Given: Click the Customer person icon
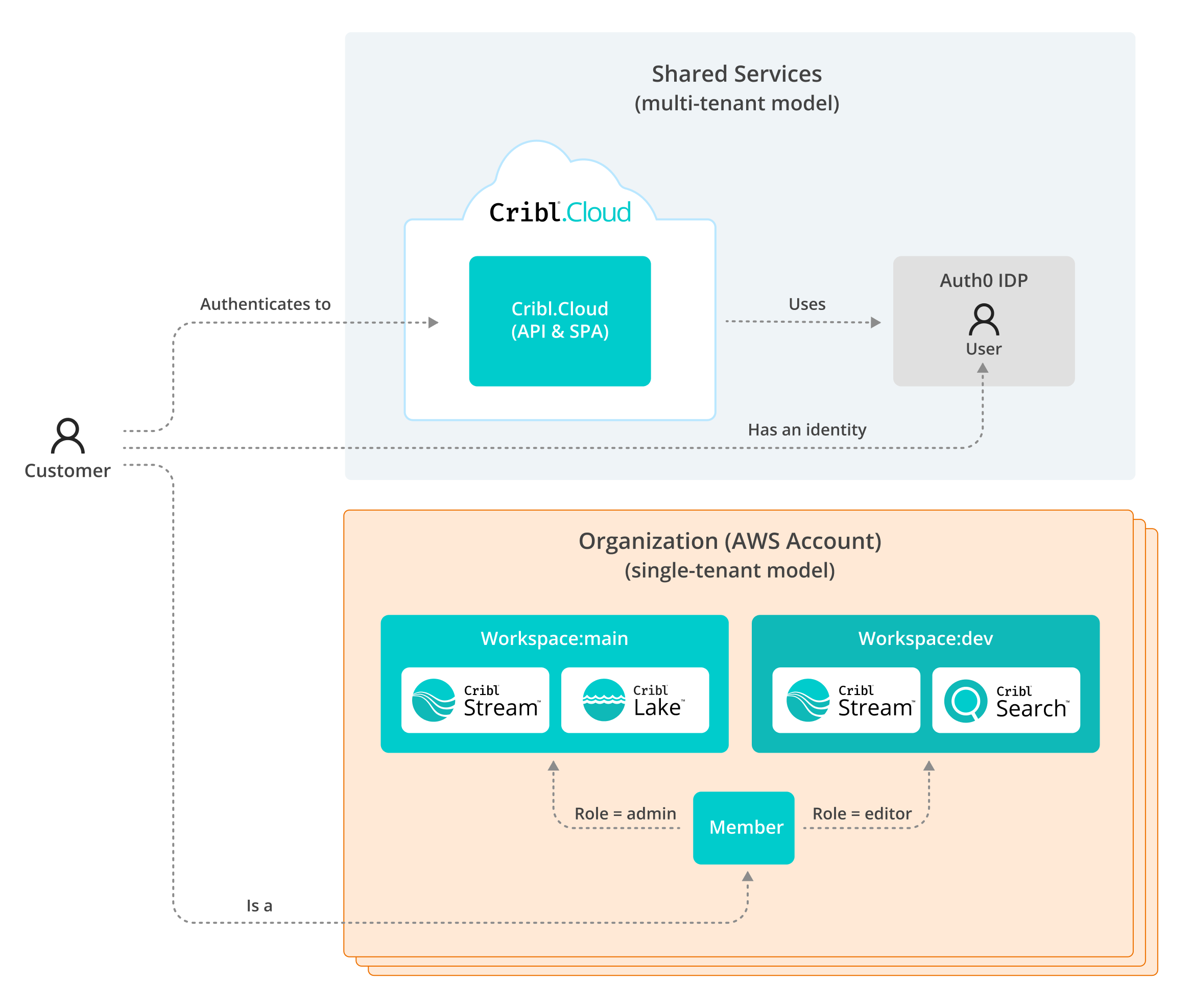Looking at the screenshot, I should [x=67, y=436].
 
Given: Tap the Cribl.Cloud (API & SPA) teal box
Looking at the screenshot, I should [x=560, y=321].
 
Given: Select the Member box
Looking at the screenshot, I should [x=743, y=827].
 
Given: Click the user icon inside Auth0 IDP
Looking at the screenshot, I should [x=983, y=320].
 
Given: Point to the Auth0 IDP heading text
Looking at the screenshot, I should [x=983, y=280].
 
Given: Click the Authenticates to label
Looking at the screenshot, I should [x=265, y=304].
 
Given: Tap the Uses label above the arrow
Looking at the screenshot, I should [x=806, y=304].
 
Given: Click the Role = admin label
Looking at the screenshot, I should [x=625, y=813].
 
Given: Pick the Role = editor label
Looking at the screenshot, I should [x=861, y=813].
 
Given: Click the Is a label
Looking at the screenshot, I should [x=259, y=905].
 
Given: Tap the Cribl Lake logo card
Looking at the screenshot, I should [x=634, y=700].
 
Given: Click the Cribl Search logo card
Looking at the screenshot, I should [x=1005, y=700].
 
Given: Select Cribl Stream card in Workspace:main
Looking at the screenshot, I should [x=475, y=700].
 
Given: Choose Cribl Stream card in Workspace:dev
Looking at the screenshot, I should [x=845, y=700].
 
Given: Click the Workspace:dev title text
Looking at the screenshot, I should [x=925, y=638].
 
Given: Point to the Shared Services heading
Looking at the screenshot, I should [x=736, y=74].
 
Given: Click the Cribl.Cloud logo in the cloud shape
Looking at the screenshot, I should [x=560, y=212].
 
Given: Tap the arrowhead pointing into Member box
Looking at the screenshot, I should [x=747, y=876].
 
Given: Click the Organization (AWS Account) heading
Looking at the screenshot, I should [x=729, y=541].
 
